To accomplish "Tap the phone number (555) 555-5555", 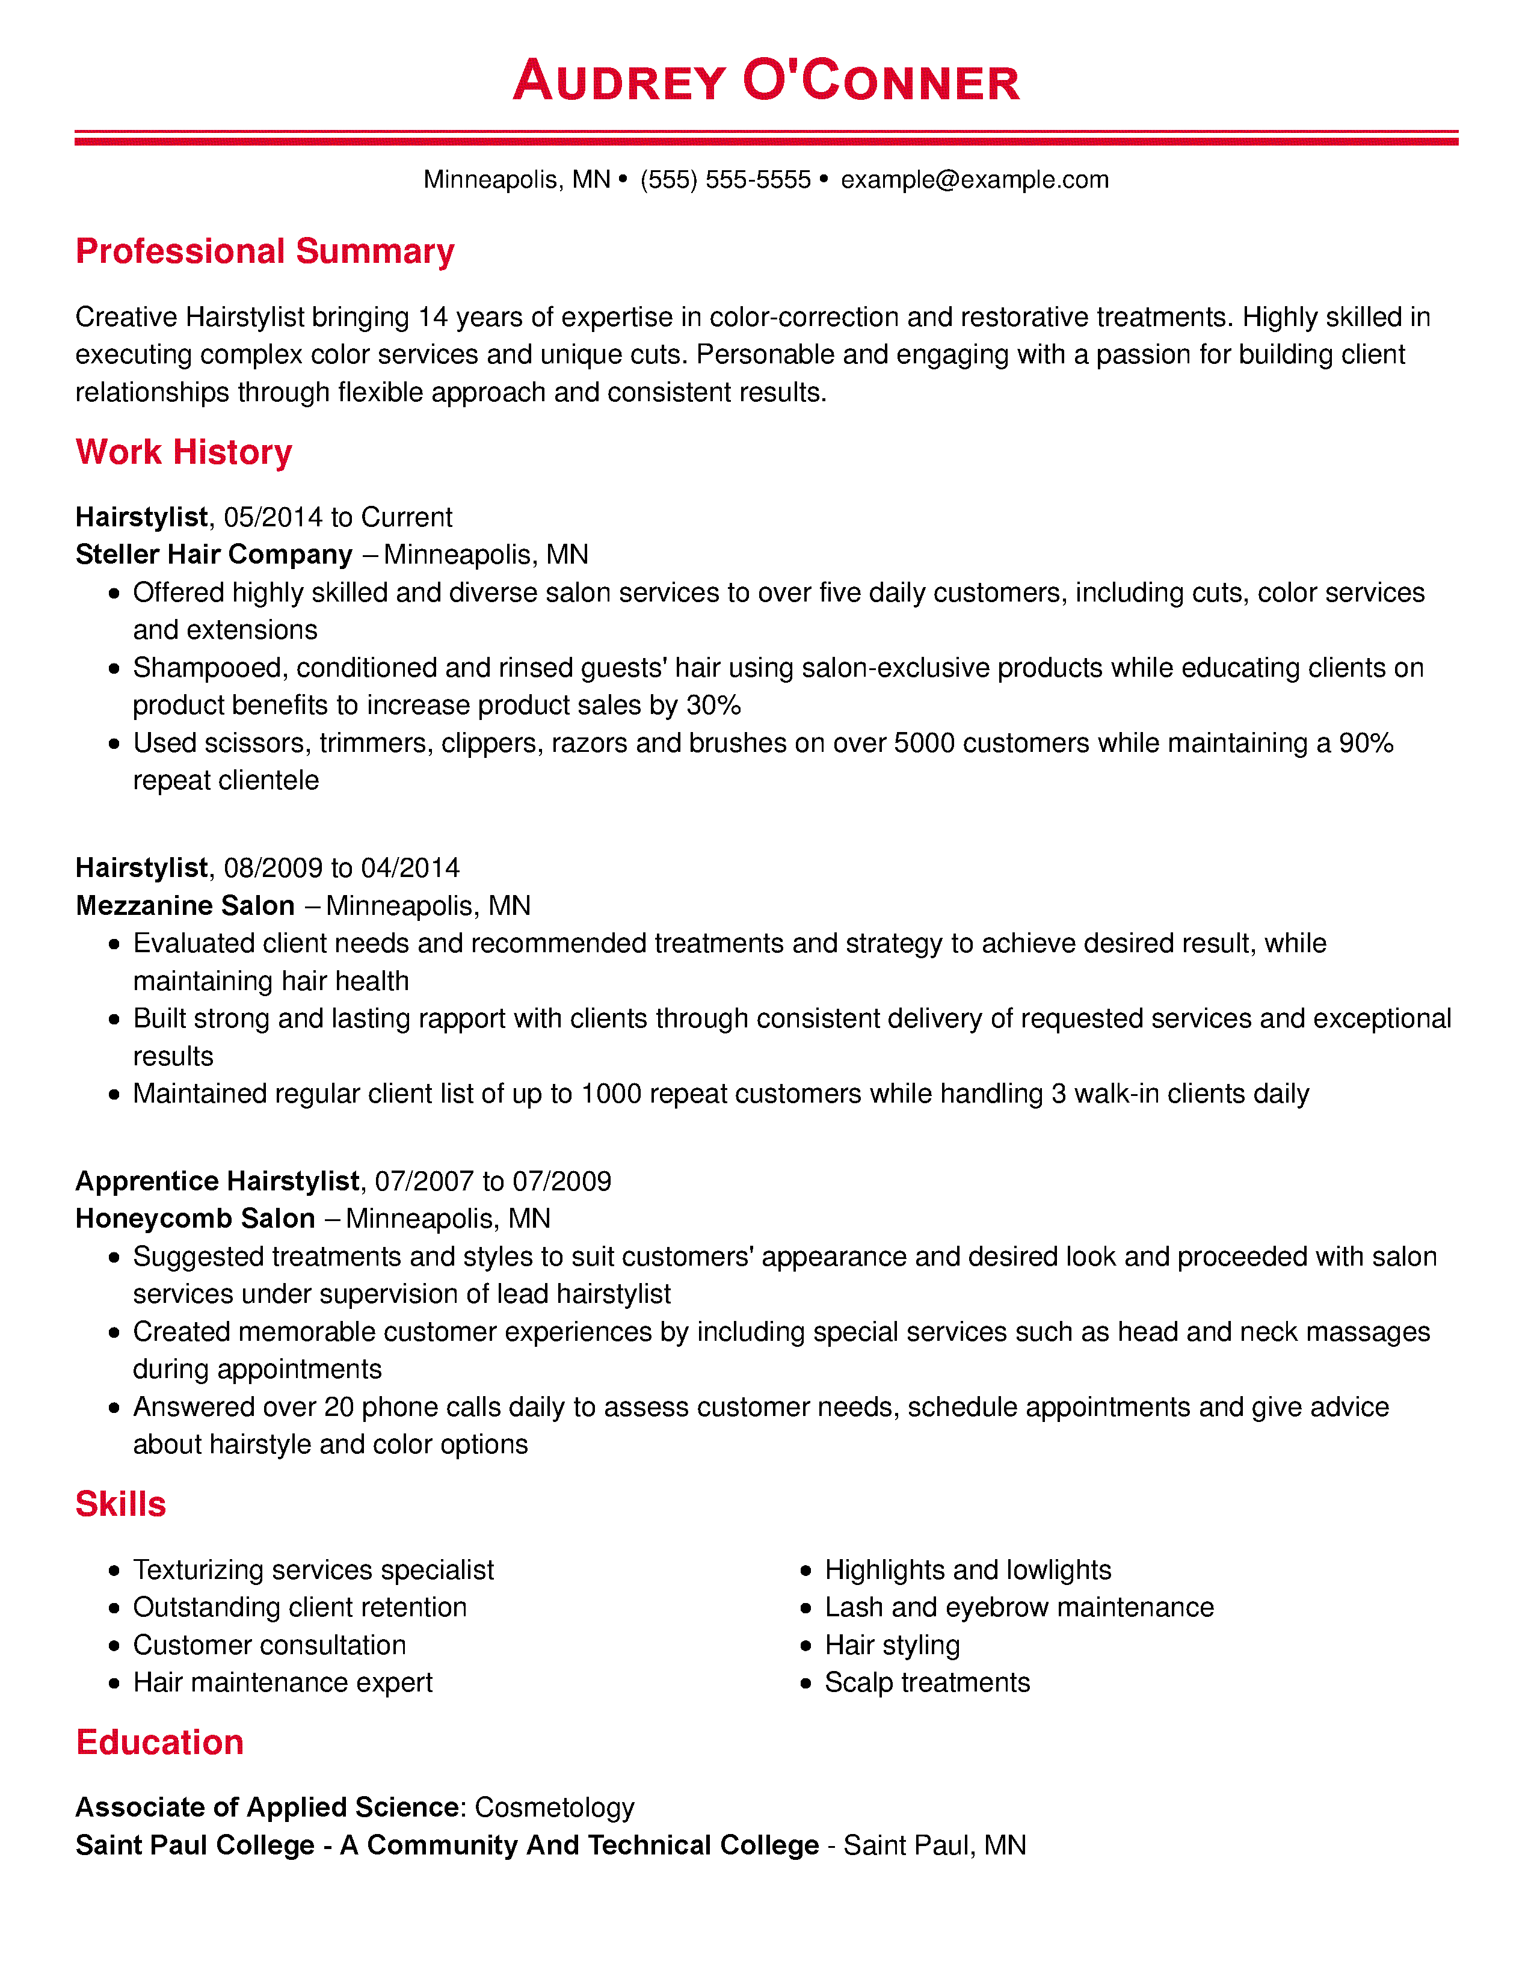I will click(725, 180).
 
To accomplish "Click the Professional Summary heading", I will click(265, 252).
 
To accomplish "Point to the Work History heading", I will click(183, 452).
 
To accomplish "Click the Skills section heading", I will click(121, 1504).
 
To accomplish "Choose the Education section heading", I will click(160, 1743).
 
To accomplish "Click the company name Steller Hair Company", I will click(214, 555).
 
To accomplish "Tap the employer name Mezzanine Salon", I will click(185, 905).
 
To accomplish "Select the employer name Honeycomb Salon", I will click(196, 1219).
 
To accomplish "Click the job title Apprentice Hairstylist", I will click(217, 1181).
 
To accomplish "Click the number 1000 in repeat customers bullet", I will click(611, 1094).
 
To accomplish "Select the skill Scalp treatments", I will click(927, 1682).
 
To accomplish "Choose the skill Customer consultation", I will click(269, 1645).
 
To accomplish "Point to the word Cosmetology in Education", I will click(555, 1807).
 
